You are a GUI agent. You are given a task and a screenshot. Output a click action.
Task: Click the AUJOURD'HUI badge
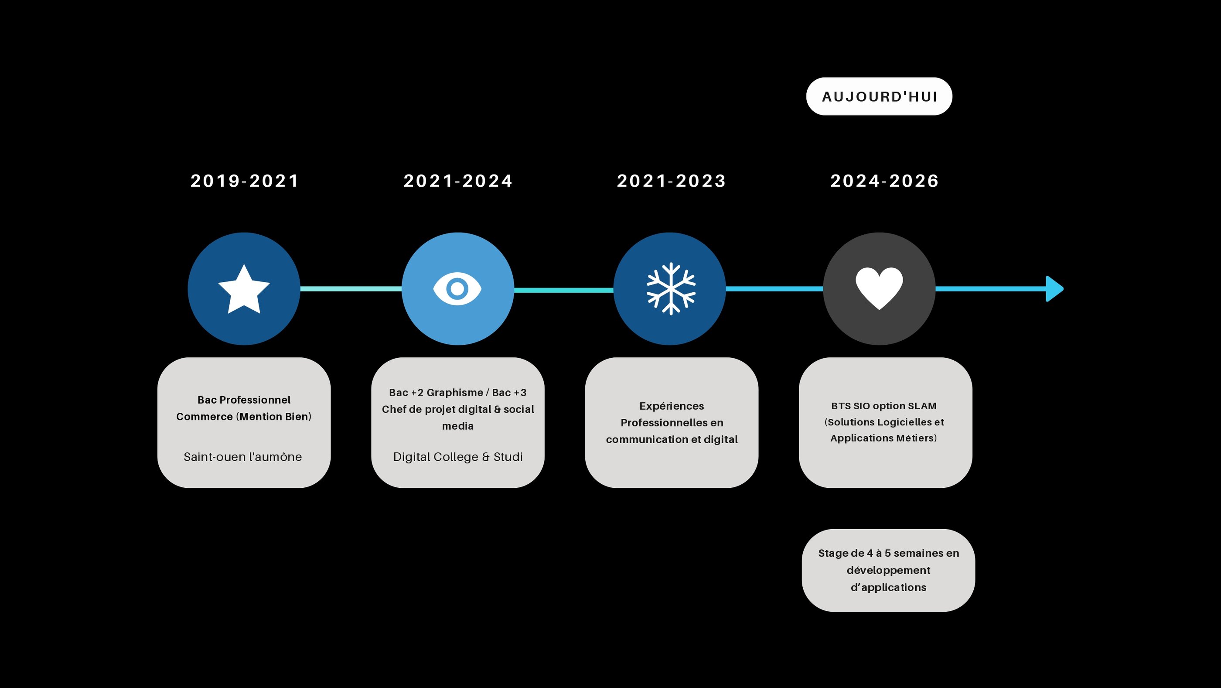pyautogui.click(x=879, y=97)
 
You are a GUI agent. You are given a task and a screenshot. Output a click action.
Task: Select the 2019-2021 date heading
pyautogui.click(x=245, y=181)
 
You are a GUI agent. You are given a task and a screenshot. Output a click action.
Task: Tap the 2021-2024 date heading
pyautogui.click(x=458, y=181)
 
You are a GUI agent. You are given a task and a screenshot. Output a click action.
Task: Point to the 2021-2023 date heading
pyautogui.click(x=671, y=181)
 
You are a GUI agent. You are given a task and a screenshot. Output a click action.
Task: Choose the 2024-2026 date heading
pyautogui.click(x=884, y=181)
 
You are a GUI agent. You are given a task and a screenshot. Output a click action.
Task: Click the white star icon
pyautogui.click(x=244, y=290)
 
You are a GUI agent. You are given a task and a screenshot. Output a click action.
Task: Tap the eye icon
pyautogui.click(x=457, y=289)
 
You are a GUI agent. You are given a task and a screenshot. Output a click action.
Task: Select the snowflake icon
pyautogui.click(x=671, y=289)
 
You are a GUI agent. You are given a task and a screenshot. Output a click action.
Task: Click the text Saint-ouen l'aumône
pyautogui.click(x=243, y=457)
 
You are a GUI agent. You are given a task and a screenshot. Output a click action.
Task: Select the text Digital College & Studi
pyautogui.click(x=458, y=457)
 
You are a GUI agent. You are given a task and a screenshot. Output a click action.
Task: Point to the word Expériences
pyautogui.click(x=672, y=406)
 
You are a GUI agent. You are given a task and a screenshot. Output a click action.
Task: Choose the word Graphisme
pyautogui.click(x=455, y=393)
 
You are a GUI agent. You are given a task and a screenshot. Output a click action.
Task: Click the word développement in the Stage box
pyautogui.click(x=888, y=570)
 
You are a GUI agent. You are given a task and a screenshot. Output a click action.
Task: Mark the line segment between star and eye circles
pyautogui.click(x=351, y=289)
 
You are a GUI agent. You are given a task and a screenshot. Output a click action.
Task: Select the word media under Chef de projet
pyautogui.click(x=458, y=426)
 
